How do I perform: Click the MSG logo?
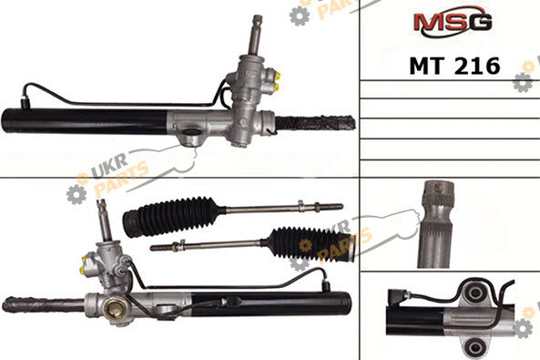[x=453, y=21]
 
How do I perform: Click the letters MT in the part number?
[x=427, y=66]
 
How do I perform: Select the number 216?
[x=477, y=66]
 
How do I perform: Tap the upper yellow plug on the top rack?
[x=277, y=75]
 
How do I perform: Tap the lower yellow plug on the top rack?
[x=277, y=87]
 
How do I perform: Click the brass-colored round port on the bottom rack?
[x=113, y=309]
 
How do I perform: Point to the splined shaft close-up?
[x=435, y=224]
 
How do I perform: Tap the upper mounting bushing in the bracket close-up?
[x=475, y=293]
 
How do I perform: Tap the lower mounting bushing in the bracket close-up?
[x=475, y=345]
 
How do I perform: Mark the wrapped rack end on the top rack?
[x=315, y=123]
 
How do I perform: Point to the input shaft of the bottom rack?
[x=104, y=221]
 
